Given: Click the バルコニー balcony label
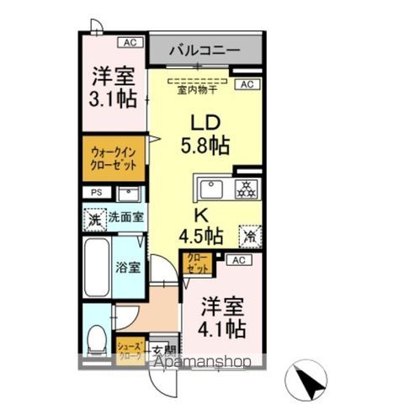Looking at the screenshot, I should pos(204,50).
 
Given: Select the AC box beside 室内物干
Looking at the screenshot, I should pos(247,84).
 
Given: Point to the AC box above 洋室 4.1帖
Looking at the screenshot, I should pos(238,261).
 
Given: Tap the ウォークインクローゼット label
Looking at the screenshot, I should pos(113,158).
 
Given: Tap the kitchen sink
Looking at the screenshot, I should pos(211,187).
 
